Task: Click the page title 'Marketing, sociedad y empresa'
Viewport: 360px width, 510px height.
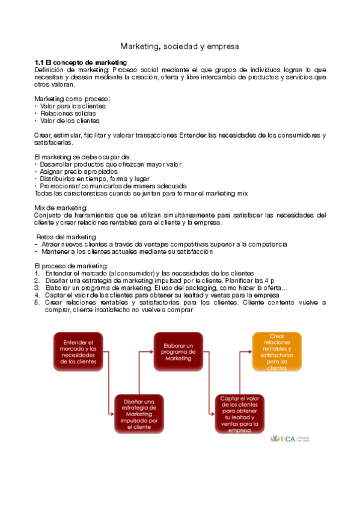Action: pos(180,46)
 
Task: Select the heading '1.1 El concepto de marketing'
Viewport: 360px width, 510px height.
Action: pos(81,62)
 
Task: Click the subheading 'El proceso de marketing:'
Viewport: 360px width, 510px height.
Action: pos(63,266)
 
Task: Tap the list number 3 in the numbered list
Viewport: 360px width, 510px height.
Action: pos(37,288)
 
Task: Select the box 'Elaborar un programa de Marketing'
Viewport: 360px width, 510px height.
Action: pos(178,352)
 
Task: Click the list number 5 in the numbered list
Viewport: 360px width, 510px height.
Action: pos(37,303)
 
